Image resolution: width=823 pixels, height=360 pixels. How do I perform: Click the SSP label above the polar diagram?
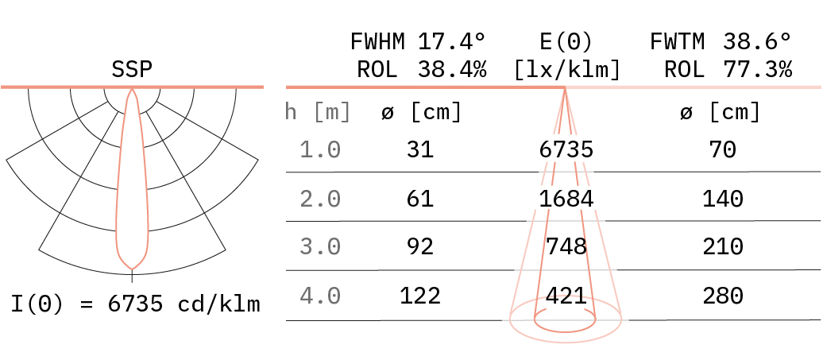click(x=132, y=69)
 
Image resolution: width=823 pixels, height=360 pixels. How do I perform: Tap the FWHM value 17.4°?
click(x=452, y=41)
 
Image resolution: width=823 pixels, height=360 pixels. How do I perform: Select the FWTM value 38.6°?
click(x=757, y=41)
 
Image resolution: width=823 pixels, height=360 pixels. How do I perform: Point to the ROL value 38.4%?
click(x=452, y=69)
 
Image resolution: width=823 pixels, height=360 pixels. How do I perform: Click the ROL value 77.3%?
click(x=757, y=69)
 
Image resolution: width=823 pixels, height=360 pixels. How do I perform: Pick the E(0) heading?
click(x=566, y=41)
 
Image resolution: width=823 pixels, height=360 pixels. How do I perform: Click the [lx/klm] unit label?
click(x=566, y=69)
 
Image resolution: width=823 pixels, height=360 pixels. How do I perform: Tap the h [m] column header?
click(x=318, y=112)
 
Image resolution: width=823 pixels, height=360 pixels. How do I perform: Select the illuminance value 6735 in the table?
click(x=566, y=149)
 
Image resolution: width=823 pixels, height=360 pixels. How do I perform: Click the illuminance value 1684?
click(x=566, y=199)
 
